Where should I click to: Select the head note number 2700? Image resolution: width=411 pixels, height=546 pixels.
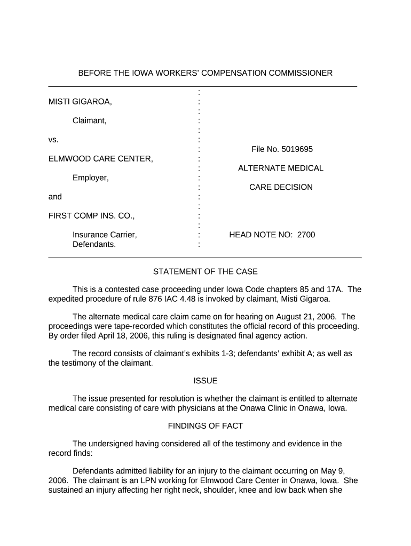(x=306, y=235)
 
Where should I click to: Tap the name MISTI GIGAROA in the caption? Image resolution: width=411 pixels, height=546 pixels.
(x=80, y=101)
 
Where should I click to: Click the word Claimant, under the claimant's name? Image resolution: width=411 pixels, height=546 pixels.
(x=90, y=121)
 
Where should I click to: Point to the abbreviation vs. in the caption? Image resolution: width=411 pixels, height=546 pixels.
(x=53, y=140)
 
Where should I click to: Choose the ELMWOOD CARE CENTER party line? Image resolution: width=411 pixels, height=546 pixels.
(x=101, y=159)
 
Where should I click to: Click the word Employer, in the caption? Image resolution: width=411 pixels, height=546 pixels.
(x=91, y=178)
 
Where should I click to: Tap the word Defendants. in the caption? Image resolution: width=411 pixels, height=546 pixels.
(x=94, y=244)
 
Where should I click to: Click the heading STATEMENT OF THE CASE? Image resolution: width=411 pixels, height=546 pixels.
(x=205, y=272)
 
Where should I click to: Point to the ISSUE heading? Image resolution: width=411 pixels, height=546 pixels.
(x=205, y=381)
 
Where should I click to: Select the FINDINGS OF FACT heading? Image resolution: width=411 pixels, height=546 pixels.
(x=205, y=426)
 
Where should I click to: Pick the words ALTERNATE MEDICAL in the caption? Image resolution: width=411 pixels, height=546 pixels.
(x=281, y=168)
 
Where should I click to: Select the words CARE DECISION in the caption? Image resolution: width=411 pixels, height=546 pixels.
(x=281, y=187)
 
